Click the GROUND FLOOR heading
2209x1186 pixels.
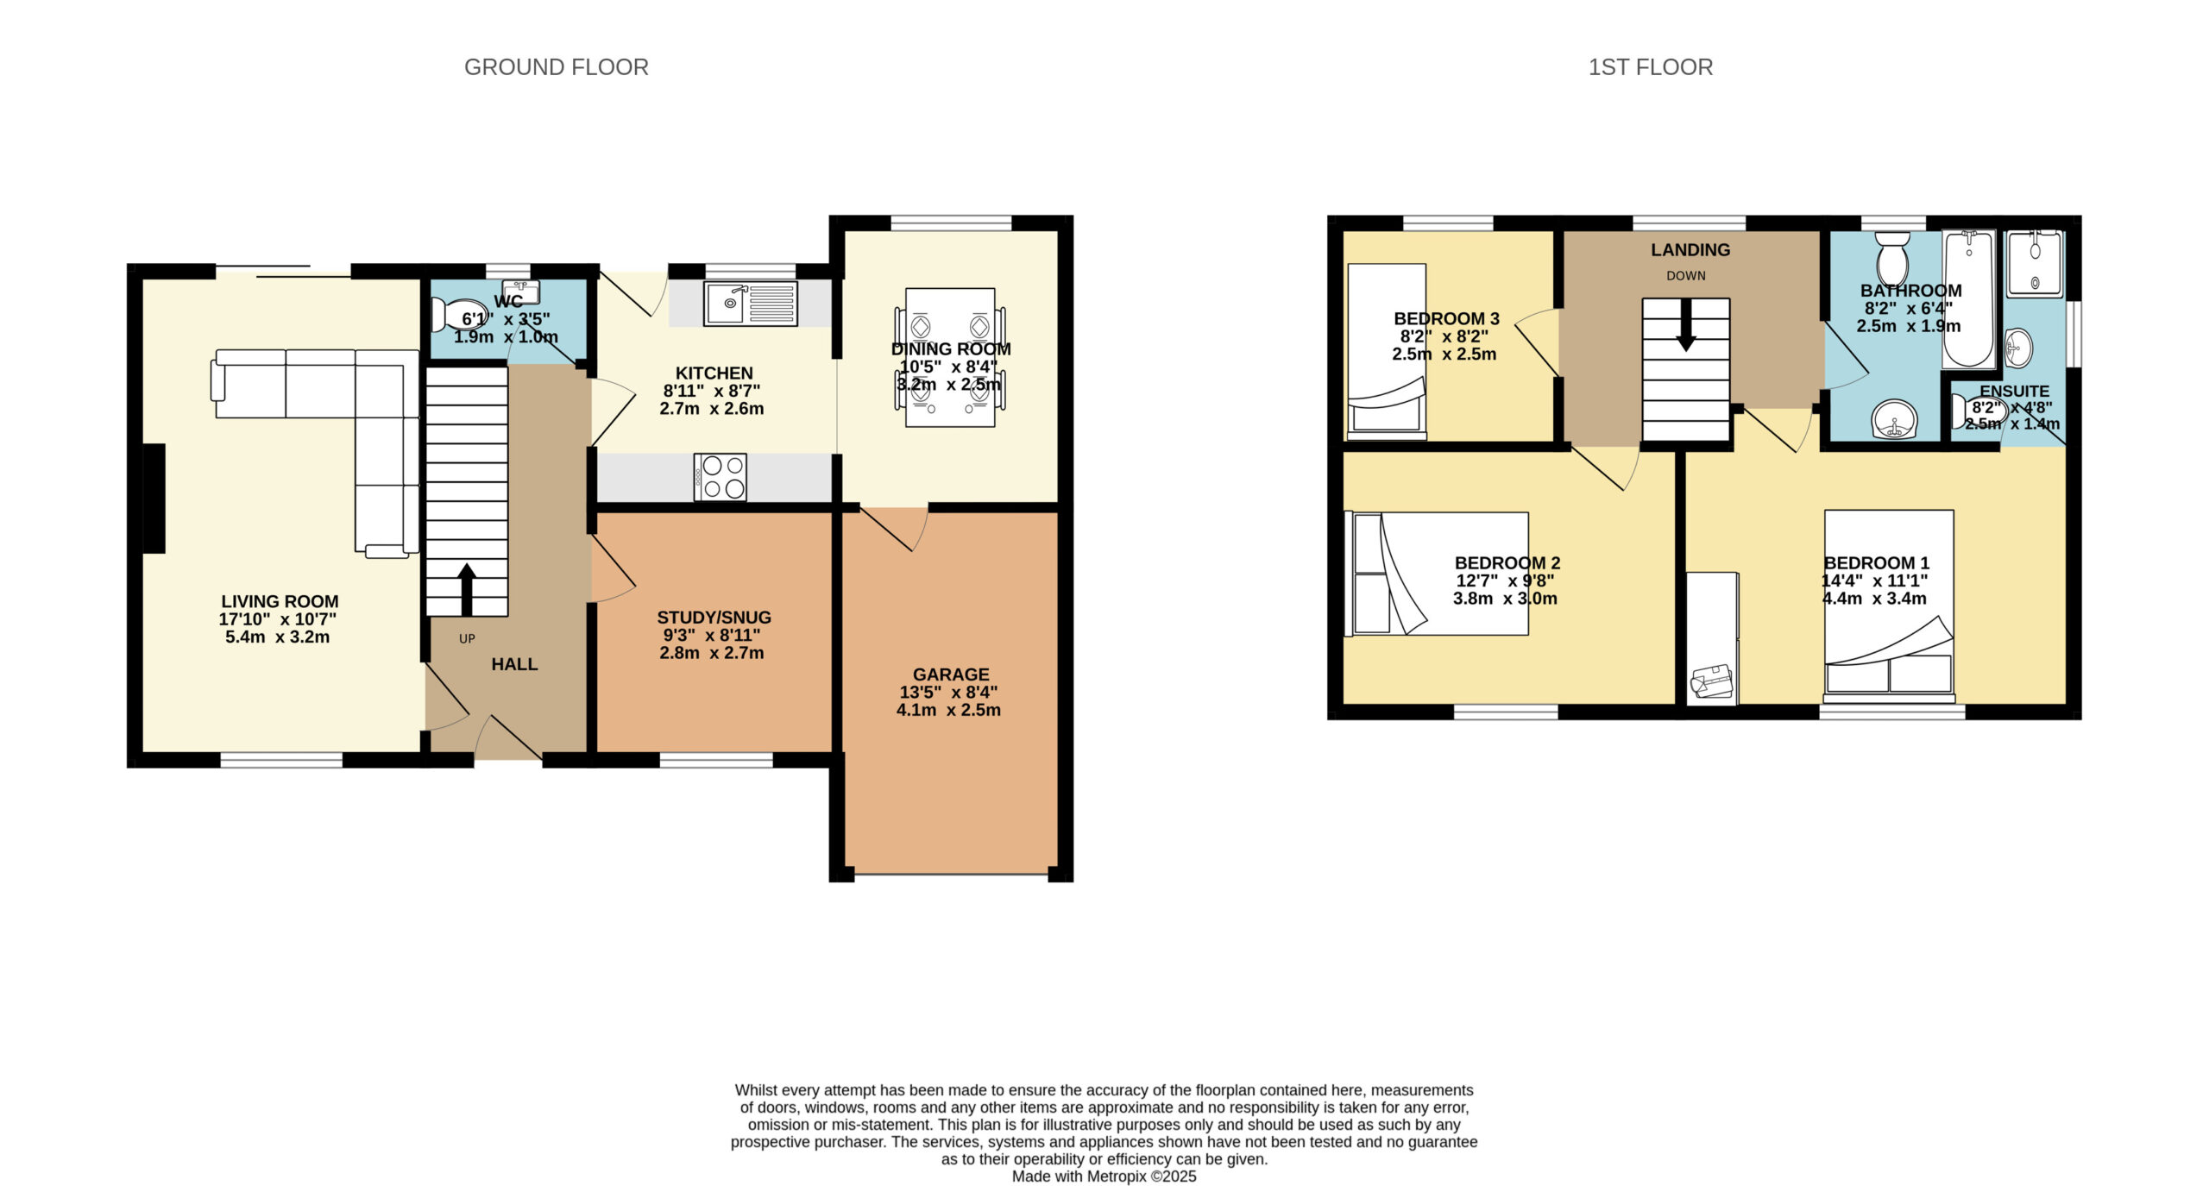[x=556, y=67]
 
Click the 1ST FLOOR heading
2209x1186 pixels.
[x=1650, y=67]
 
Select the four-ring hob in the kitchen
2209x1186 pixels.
[x=721, y=477]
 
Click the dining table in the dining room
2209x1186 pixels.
[x=950, y=357]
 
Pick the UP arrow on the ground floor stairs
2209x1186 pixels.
[x=466, y=589]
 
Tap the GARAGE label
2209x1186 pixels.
[x=951, y=675]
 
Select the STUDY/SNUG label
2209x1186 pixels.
[x=714, y=618]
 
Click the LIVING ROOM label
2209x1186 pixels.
[x=280, y=602]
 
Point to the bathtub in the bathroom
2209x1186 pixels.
[x=1968, y=299]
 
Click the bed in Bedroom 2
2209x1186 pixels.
[x=1437, y=574]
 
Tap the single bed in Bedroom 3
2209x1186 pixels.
[x=1387, y=351]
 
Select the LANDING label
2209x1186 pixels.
[x=1690, y=250]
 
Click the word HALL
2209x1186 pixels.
[x=514, y=664]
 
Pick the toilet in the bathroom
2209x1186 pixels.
[x=1893, y=254]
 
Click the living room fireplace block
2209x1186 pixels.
[x=154, y=499]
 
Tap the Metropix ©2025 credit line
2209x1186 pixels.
[x=1104, y=1176]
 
